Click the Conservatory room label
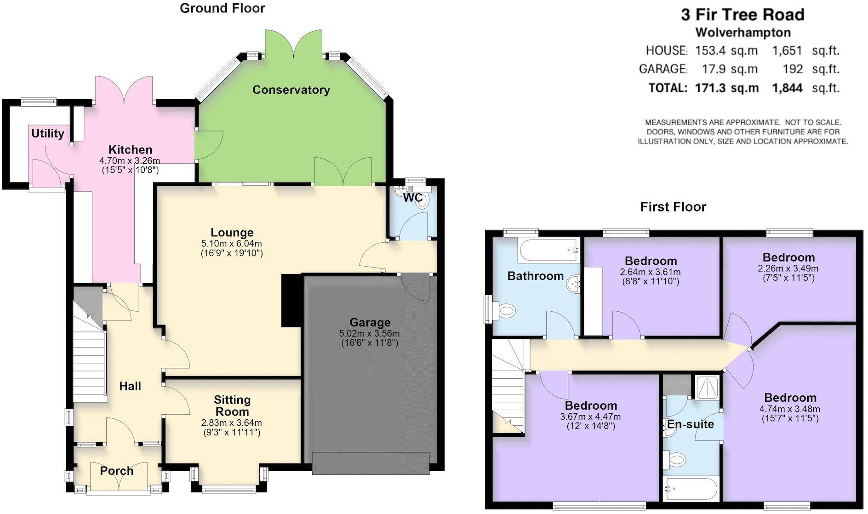point(291,90)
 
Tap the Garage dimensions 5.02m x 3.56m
point(369,333)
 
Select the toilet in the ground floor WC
point(422,201)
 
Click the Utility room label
point(47,133)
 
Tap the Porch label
point(117,471)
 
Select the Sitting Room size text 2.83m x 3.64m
point(231,423)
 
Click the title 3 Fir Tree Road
point(742,15)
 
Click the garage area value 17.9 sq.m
point(730,69)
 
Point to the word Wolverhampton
point(743,33)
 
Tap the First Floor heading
point(673,207)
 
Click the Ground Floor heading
point(222,8)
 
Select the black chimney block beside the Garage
point(291,301)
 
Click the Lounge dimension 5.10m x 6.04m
point(232,243)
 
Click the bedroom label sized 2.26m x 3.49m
point(788,257)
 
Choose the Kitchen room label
point(130,149)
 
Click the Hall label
point(130,386)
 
